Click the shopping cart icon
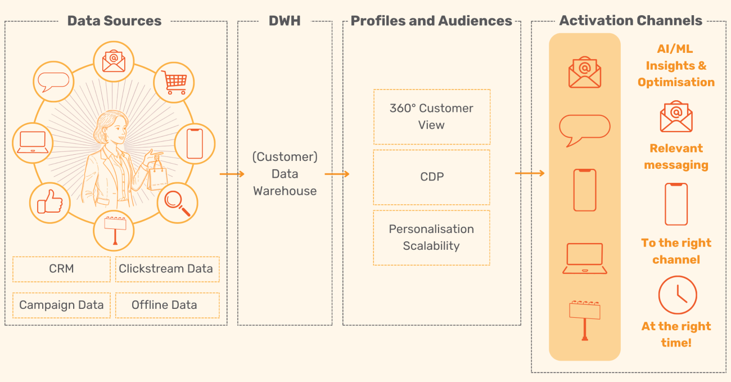[x=174, y=83]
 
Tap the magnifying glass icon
[x=178, y=203]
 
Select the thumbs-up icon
[x=50, y=202]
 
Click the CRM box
[x=61, y=269]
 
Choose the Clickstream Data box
[x=166, y=269]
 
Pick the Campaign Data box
[x=61, y=305]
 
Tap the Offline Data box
[x=166, y=305]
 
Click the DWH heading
[x=285, y=21]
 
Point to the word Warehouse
[x=285, y=191]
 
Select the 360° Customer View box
[x=431, y=116]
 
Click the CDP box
[x=431, y=177]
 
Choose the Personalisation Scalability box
[x=431, y=237]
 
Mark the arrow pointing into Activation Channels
[x=530, y=173]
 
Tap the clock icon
[x=677, y=295]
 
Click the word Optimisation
[x=676, y=82]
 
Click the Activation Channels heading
[x=630, y=21]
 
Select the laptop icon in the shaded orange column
[x=585, y=259]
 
